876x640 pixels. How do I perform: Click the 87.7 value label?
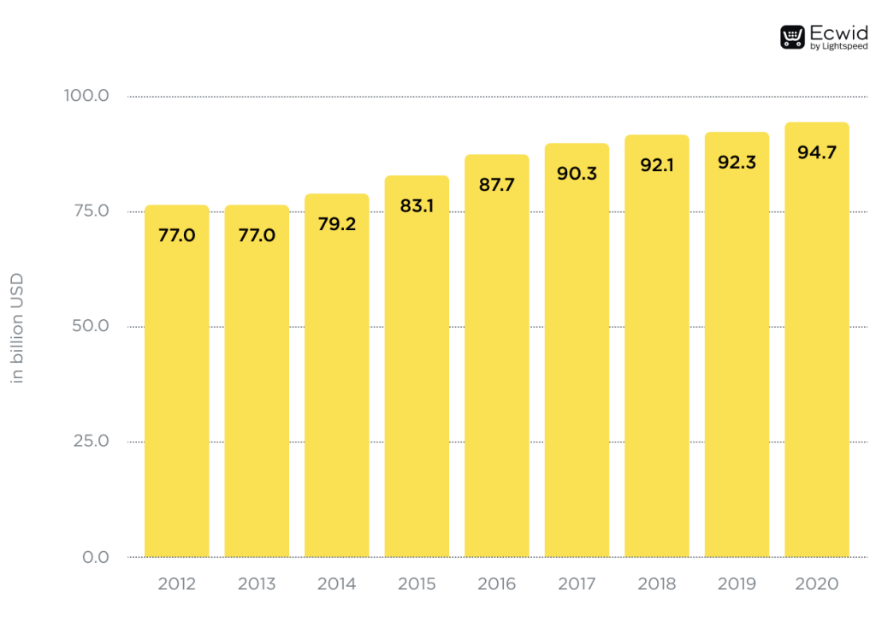pyautogui.click(x=497, y=185)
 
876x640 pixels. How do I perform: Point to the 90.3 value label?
pyautogui.click(x=577, y=174)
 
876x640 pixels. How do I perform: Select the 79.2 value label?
pyautogui.click(x=337, y=224)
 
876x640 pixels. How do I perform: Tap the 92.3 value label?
pyautogui.click(x=737, y=162)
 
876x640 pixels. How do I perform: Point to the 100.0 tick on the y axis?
pyautogui.click(x=86, y=96)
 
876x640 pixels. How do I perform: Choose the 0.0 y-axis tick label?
pyautogui.click(x=96, y=557)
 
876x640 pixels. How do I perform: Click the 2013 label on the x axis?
pyautogui.click(x=257, y=584)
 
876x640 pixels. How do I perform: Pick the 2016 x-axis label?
pyautogui.click(x=497, y=584)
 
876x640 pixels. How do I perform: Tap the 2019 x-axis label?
pyautogui.click(x=737, y=584)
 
